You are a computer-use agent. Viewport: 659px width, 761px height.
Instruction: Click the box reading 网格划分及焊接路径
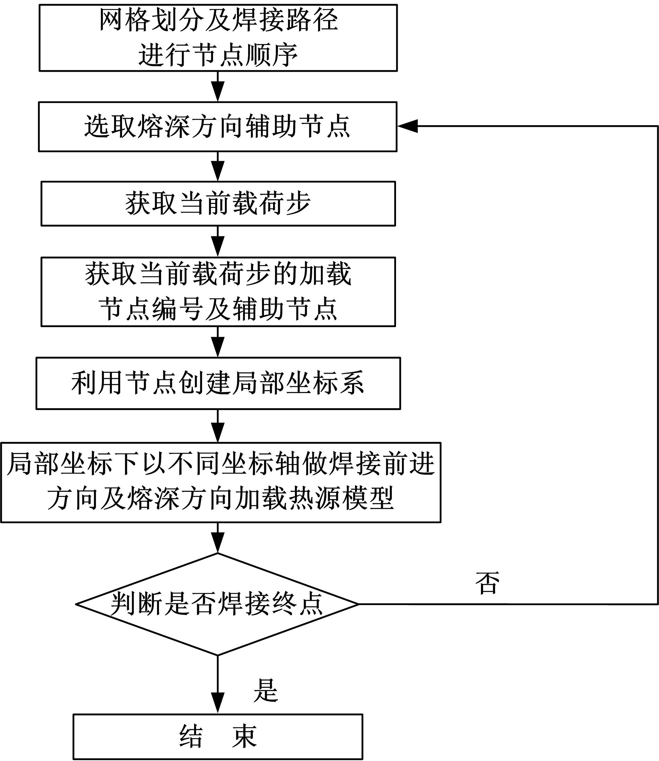[218, 37]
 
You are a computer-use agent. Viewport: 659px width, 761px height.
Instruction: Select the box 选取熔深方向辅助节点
[218, 126]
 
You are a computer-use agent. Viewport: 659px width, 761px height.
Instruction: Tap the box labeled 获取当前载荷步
[218, 203]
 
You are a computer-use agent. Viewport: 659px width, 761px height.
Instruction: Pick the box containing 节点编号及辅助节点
[218, 292]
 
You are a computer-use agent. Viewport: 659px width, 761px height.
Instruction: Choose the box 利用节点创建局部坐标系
[218, 383]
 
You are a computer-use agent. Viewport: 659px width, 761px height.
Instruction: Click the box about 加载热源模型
[221, 482]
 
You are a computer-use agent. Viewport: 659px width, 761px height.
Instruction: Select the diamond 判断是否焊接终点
[217, 604]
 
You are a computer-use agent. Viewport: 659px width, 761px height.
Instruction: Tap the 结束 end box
[218, 737]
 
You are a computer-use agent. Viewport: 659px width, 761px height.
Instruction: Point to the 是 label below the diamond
[265, 690]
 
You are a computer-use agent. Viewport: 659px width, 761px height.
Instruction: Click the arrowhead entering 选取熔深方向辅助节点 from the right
[407, 126]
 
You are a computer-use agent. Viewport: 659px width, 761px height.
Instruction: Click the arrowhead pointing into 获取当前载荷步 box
[218, 172]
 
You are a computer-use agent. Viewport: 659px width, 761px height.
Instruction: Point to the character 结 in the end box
[191, 736]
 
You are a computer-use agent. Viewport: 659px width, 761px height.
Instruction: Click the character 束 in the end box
[244, 736]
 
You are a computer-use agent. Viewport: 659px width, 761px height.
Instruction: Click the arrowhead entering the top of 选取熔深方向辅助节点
[218, 92]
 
